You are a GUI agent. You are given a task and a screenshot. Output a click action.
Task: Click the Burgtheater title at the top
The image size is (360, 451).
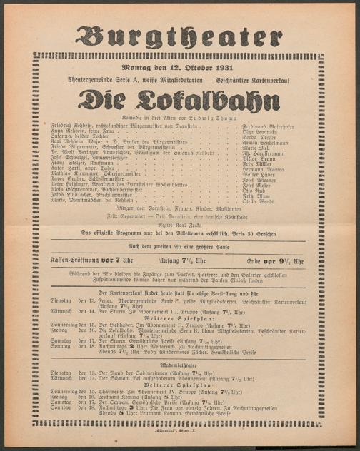(x=179, y=36)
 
